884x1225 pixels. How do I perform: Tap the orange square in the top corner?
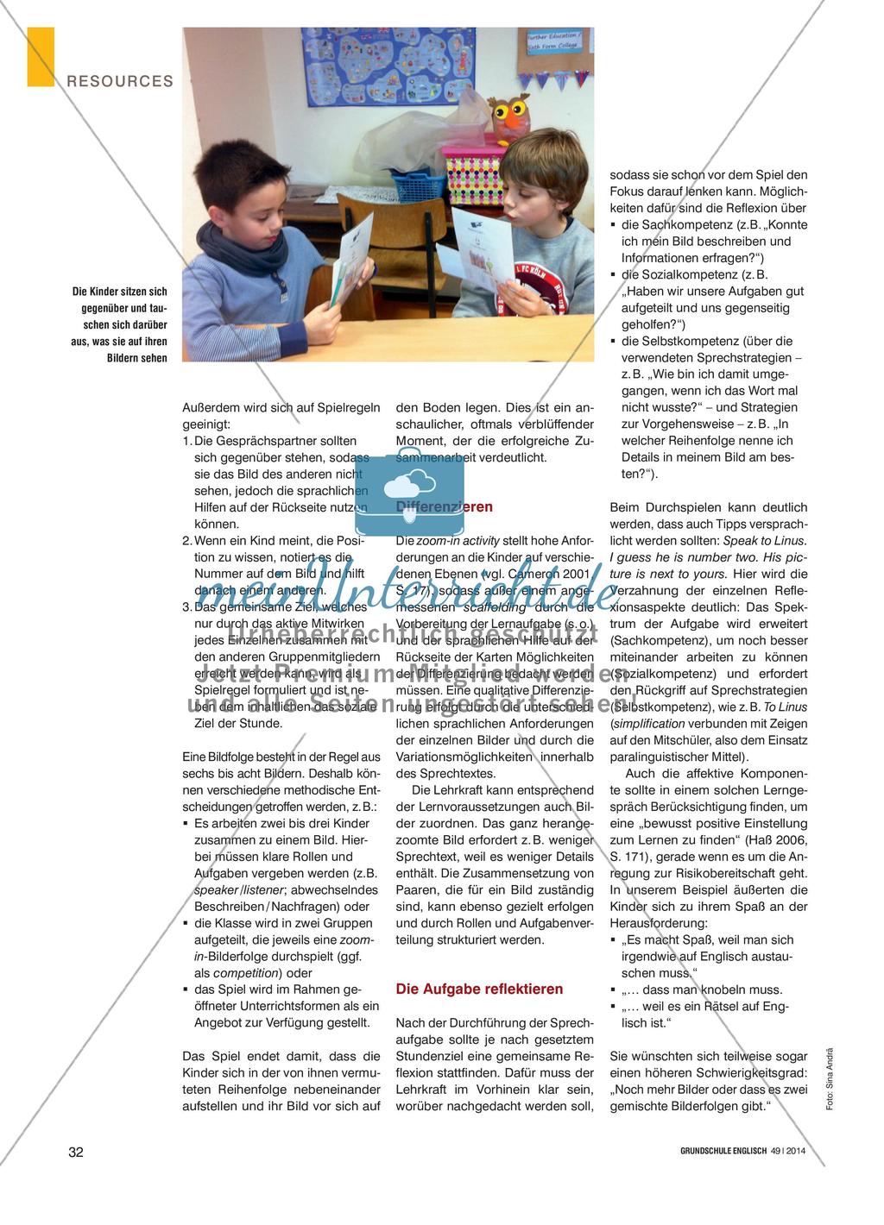click(41, 56)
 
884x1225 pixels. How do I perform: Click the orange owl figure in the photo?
click(508, 113)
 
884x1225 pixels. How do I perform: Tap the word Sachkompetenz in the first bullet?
click(671, 225)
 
